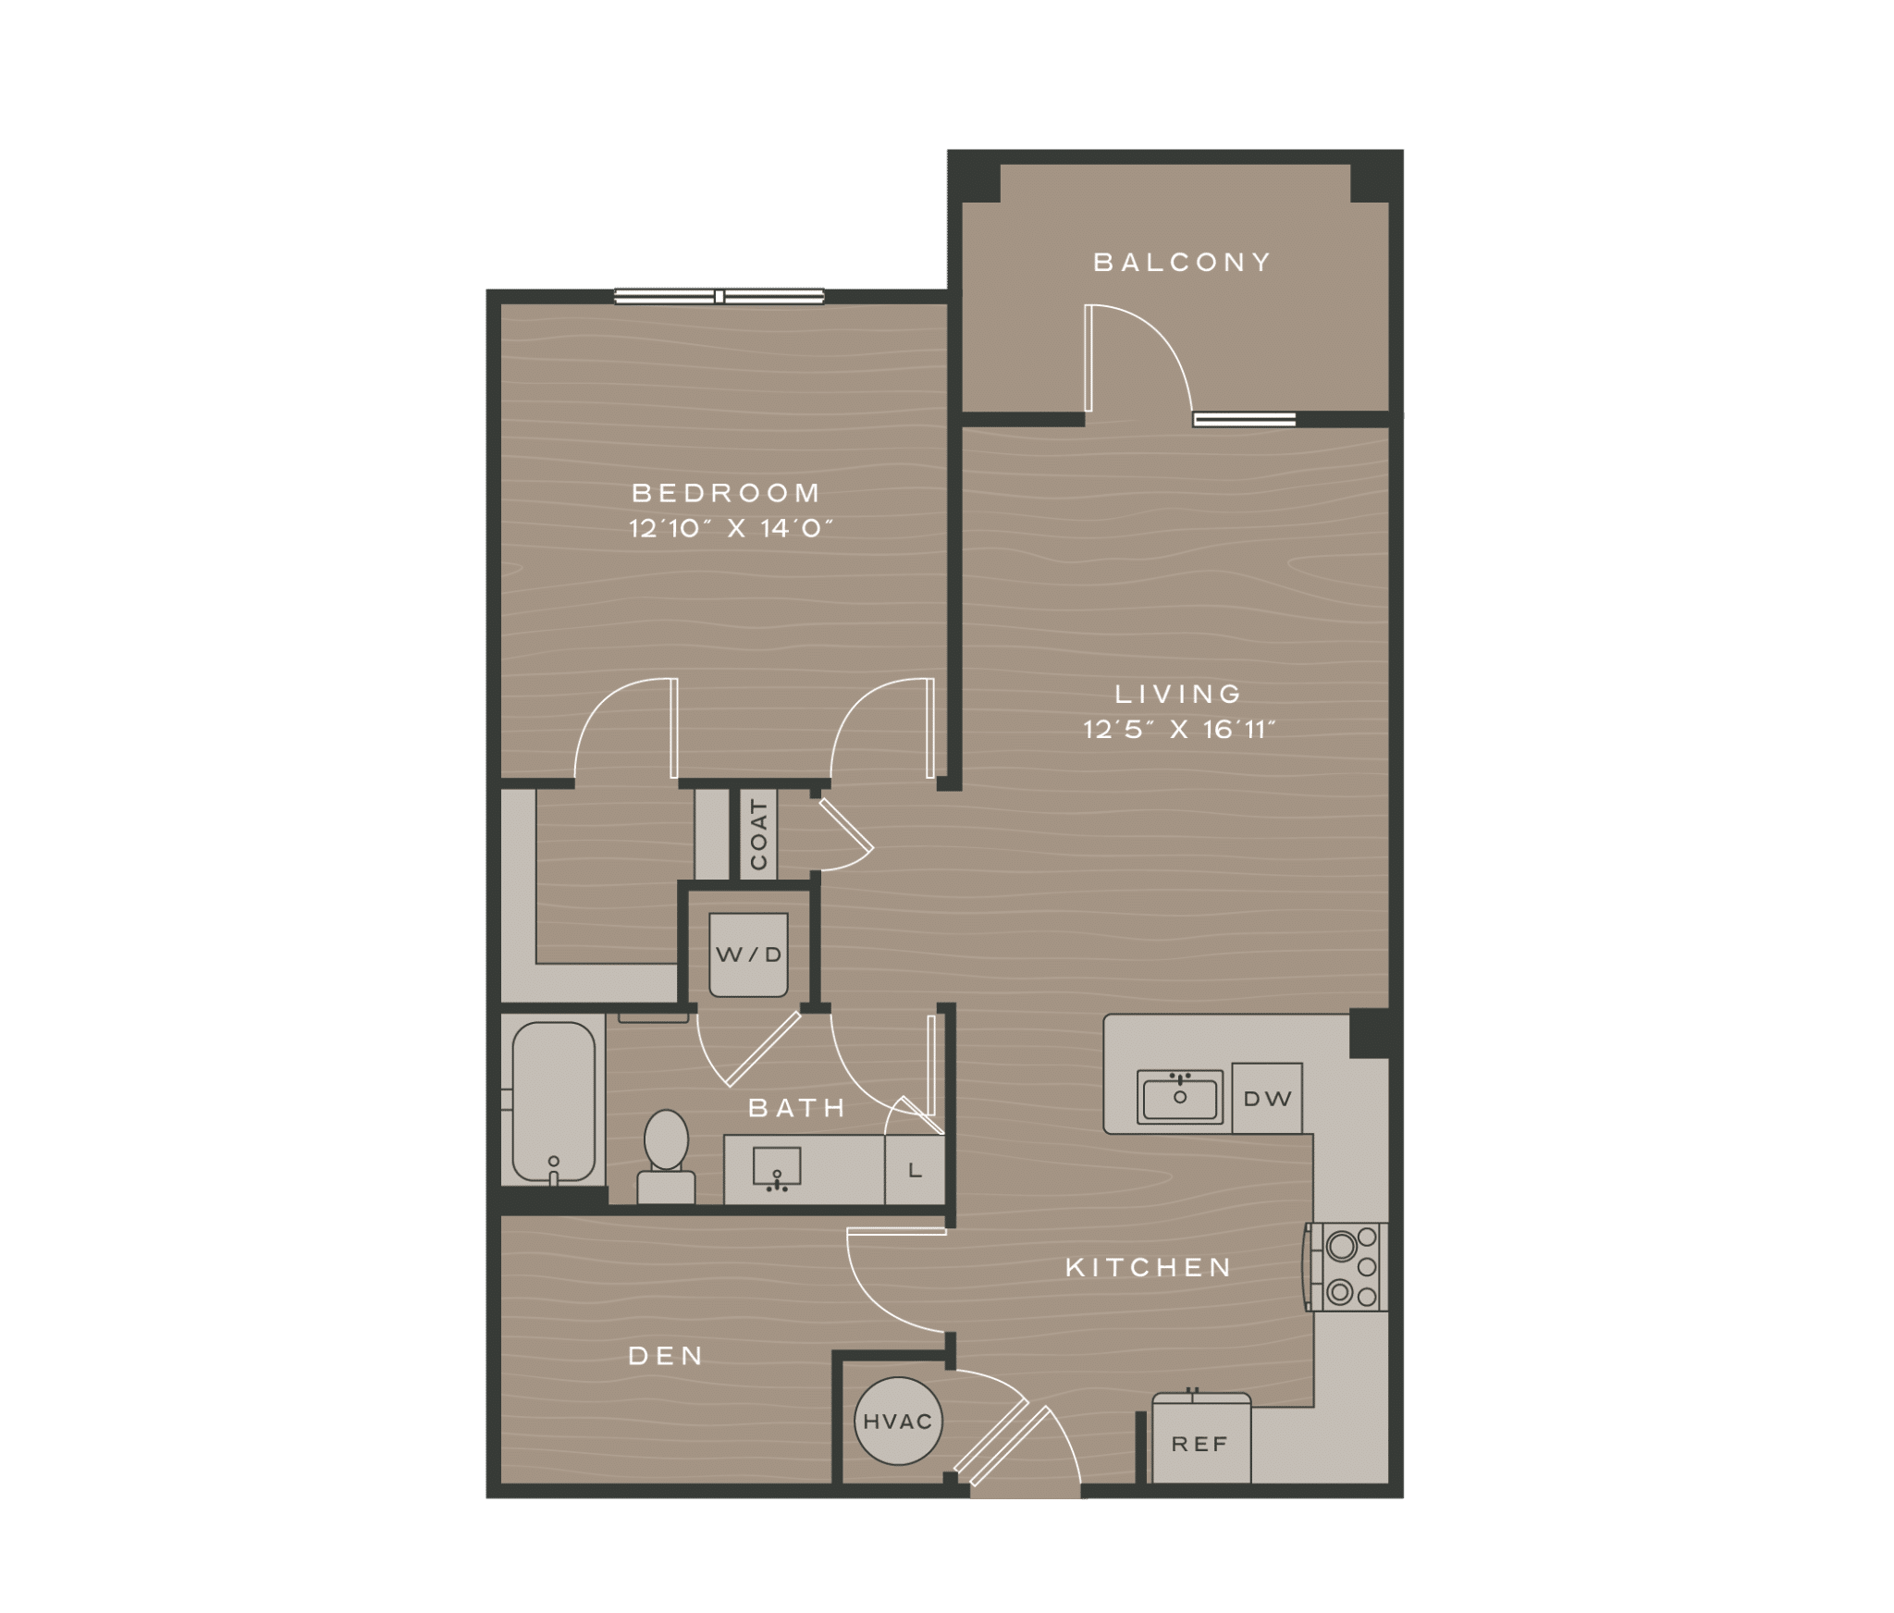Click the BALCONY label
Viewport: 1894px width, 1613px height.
click(x=1182, y=263)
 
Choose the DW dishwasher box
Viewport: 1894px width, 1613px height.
click(x=1267, y=1099)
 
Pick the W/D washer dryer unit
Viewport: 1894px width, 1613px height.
click(x=749, y=955)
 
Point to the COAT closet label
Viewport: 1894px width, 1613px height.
click(x=759, y=835)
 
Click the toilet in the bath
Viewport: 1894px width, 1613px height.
click(x=666, y=1156)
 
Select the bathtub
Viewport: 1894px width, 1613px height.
click(x=552, y=1102)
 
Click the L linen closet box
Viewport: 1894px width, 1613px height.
click(x=916, y=1171)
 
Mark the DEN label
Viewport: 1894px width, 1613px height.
click(x=666, y=1356)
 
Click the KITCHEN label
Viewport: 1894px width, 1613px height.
click(x=1150, y=1267)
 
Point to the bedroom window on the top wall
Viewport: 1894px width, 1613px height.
click(x=719, y=297)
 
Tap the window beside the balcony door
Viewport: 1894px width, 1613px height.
click(x=1244, y=420)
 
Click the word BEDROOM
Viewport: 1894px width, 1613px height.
click(x=726, y=492)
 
